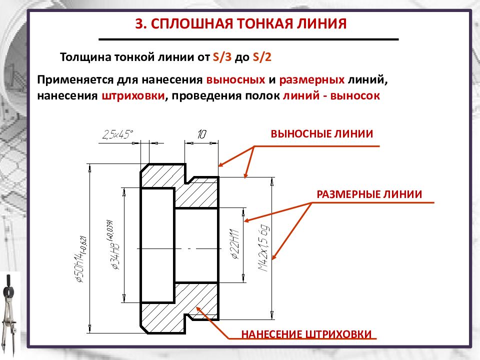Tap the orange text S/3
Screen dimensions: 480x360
pos(222,57)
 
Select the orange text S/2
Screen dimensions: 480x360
pos(262,57)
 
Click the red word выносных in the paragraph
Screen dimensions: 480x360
pos(235,80)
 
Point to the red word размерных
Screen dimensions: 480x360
pos(312,80)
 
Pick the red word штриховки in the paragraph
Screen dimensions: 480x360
pos(133,96)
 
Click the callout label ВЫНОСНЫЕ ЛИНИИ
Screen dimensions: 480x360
pos(321,134)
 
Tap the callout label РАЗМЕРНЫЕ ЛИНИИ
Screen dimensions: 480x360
pos(369,194)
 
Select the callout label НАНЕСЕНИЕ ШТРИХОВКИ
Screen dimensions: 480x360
pos(306,334)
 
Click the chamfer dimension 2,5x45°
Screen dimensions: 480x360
pos(118,134)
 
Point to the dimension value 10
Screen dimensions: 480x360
pos(201,134)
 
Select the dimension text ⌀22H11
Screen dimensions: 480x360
pos(235,244)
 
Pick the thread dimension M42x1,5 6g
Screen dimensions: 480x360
pos(263,248)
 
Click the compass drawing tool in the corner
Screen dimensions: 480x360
pos(8,315)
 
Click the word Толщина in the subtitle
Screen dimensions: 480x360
pos(85,57)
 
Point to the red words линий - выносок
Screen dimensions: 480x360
pos(331,96)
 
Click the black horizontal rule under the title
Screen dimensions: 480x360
pos(248,39)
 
